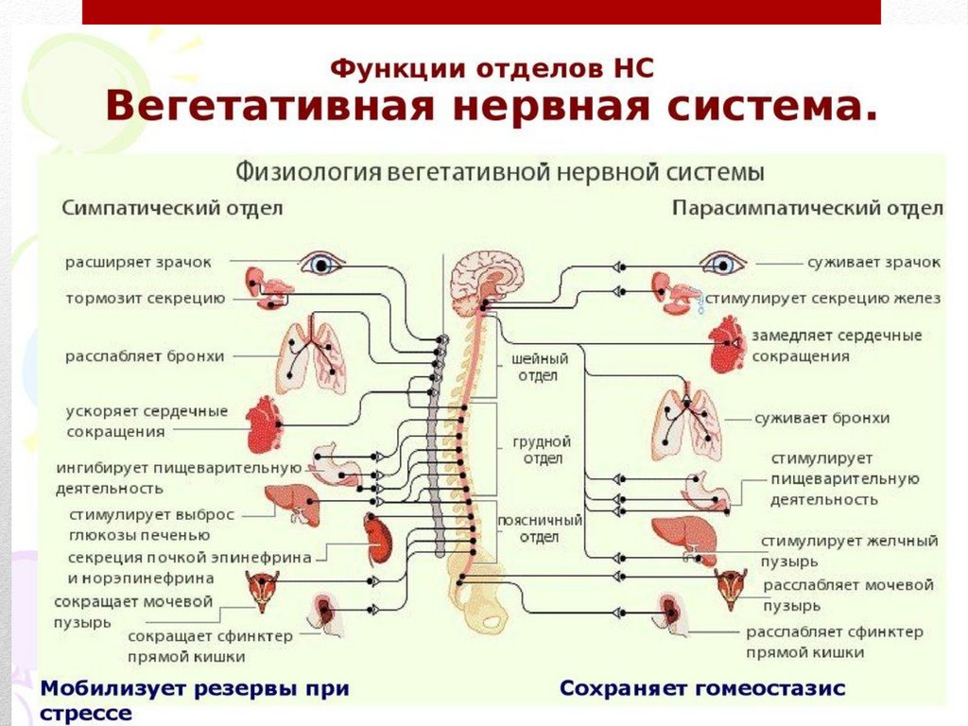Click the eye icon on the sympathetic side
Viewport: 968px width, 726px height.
[x=321, y=263]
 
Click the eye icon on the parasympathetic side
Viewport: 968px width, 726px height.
[x=722, y=263]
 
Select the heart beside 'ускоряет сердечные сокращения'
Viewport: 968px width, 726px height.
[x=266, y=424]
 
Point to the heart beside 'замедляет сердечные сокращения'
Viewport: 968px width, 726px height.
[x=727, y=344]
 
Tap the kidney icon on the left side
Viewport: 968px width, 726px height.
[x=378, y=537]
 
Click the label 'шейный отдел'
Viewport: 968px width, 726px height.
[x=539, y=367]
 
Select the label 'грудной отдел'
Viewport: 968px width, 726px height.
[x=542, y=449]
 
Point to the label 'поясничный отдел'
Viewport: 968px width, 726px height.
[x=540, y=528]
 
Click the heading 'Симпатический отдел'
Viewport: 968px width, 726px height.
[x=172, y=208]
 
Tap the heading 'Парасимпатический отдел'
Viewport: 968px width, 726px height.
[x=806, y=208]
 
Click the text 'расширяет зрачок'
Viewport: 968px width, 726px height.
[x=138, y=262]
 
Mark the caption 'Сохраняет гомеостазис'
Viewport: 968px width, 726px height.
[x=702, y=688]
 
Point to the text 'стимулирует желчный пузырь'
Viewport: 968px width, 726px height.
[x=849, y=550]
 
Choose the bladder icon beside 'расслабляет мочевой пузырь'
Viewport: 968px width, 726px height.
[x=730, y=589]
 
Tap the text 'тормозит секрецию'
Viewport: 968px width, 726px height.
[x=145, y=299]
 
